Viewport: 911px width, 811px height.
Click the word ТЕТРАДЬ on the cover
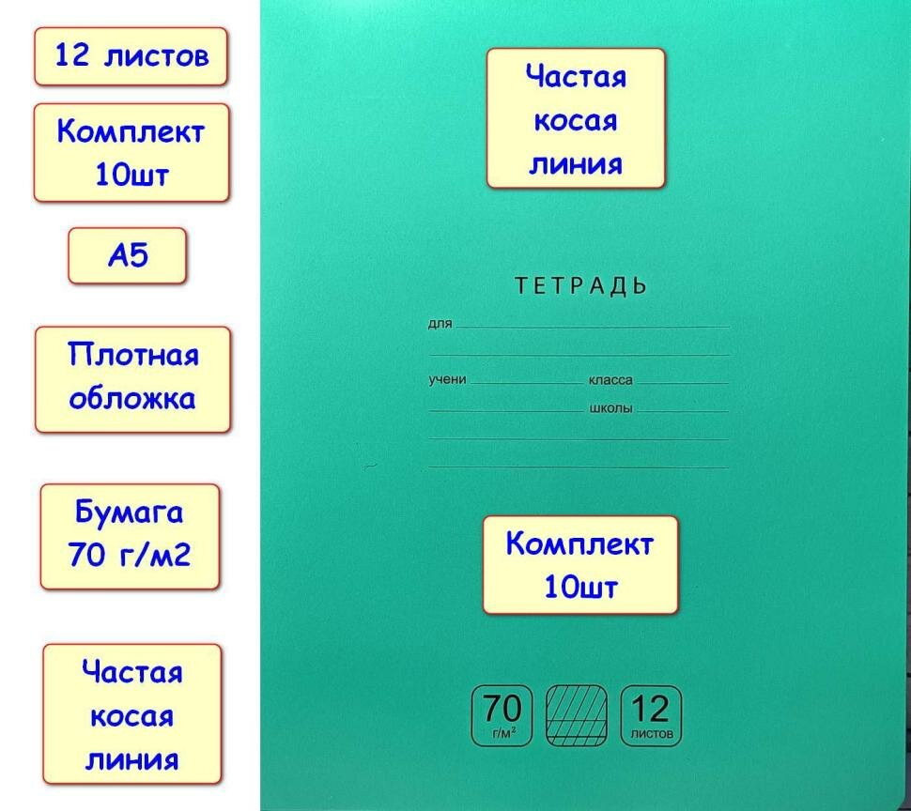pyautogui.click(x=581, y=286)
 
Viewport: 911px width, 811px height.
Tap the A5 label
pyautogui.click(x=128, y=255)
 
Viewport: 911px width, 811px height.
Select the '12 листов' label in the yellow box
pyautogui.click(x=131, y=55)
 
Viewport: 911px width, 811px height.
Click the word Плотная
pyautogui.click(x=133, y=357)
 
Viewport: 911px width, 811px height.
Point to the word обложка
pyautogui.click(x=132, y=399)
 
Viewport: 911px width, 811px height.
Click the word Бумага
pyautogui.click(x=130, y=514)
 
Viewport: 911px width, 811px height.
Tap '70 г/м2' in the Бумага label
pyautogui.click(x=130, y=556)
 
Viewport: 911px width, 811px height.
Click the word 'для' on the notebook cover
pyautogui.click(x=440, y=325)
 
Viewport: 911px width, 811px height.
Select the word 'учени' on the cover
pyautogui.click(x=448, y=380)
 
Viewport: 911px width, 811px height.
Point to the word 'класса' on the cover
pyautogui.click(x=610, y=381)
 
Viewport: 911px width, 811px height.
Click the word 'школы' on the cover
pyautogui.click(x=610, y=409)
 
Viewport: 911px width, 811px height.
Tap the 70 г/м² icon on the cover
pyautogui.click(x=501, y=716)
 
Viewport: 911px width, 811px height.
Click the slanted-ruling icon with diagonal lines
pyautogui.click(x=576, y=716)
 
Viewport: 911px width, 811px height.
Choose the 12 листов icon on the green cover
pyautogui.click(x=651, y=716)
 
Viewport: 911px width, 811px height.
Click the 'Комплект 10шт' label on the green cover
pyautogui.click(x=579, y=565)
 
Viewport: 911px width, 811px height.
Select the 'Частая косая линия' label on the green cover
pyautogui.click(x=575, y=119)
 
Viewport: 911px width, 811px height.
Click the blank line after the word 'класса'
pyautogui.click(x=682, y=383)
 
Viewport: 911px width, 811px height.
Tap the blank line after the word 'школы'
pyautogui.click(x=682, y=411)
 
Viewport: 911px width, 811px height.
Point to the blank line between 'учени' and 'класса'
pyautogui.click(x=526, y=383)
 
